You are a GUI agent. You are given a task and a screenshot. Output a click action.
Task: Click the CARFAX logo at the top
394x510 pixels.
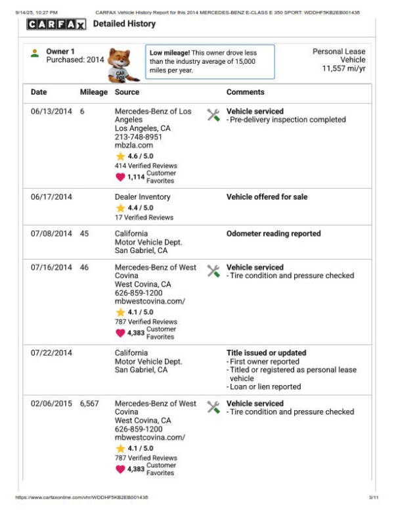click(x=56, y=24)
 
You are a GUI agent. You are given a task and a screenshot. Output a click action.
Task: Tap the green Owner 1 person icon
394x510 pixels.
click(x=35, y=53)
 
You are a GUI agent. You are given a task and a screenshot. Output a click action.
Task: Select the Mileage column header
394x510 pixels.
click(x=93, y=92)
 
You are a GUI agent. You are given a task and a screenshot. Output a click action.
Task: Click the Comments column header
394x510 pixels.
click(x=245, y=92)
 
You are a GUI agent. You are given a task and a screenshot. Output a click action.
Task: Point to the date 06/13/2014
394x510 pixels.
click(x=51, y=112)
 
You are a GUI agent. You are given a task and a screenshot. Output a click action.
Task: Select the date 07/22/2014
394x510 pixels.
click(x=51, y=353)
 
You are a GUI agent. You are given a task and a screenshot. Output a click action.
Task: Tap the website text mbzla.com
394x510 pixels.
click(x=133, y=145)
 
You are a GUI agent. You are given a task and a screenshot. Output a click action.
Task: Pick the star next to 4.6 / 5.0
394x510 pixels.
click(x=120, y=156)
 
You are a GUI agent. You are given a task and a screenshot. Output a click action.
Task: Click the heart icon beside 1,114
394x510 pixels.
click(x=120, y=177)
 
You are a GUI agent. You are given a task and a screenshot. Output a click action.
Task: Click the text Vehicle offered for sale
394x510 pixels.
click(x=267, y=197)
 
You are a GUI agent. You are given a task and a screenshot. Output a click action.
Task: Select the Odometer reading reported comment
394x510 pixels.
click(x=273, y=233)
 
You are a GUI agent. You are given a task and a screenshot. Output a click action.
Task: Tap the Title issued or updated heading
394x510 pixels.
click(x=266, y=353)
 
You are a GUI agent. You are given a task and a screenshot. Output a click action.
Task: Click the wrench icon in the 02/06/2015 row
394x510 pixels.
click(x=213, y=407)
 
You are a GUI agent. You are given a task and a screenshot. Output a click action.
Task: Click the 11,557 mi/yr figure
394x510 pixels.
click(x=343, y=68)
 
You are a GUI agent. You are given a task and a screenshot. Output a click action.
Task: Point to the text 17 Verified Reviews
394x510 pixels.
click(x=144, y=218)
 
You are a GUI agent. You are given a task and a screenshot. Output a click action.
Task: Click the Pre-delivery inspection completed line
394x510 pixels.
click(x=288, y=120)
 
